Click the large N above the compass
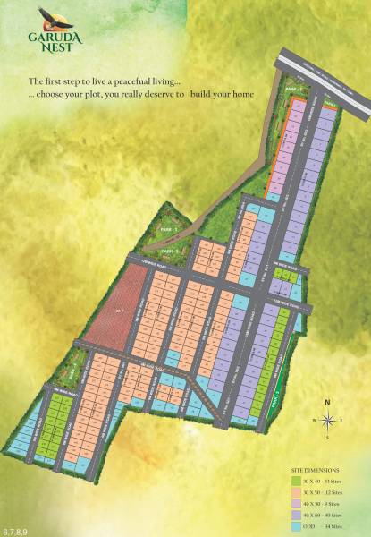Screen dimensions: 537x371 coord(328,402)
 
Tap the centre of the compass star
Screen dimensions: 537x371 coord(328,419)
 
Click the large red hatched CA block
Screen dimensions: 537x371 coord(111,308)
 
